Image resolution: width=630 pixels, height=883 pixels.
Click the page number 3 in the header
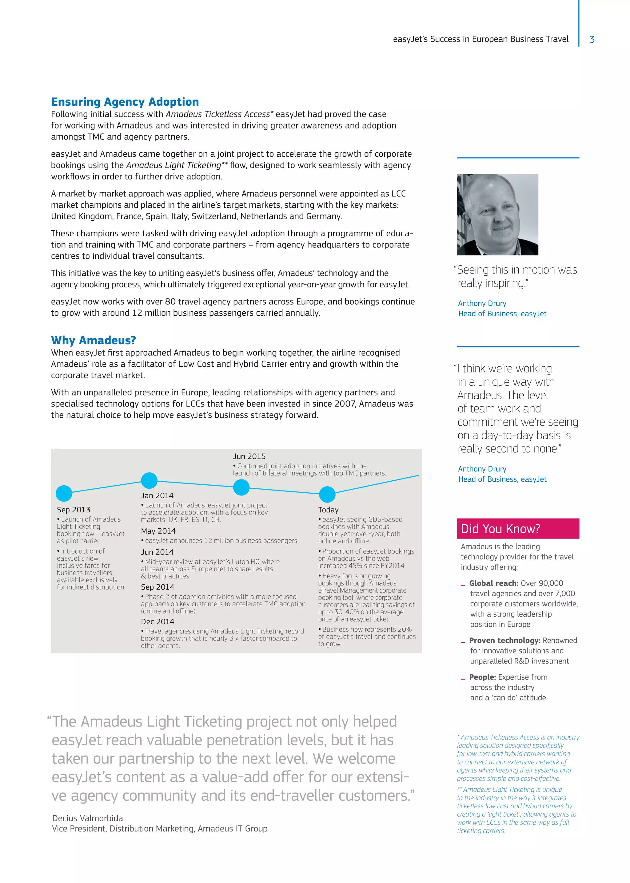[x=592, y=39]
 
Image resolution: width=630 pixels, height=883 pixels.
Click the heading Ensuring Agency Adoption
[x=125, y=102]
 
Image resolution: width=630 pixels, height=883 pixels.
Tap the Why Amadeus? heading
[x=94, y=340]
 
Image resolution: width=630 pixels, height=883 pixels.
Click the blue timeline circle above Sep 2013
[x=64, y=494]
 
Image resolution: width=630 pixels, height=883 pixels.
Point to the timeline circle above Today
[x=327, y=494]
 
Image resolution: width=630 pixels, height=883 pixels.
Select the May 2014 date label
[x=158, y=531]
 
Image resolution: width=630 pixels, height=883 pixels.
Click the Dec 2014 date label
[x=157, y=621]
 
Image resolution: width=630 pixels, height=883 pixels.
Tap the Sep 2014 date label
[x=157, y=587]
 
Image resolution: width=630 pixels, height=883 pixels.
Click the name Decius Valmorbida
[x=88, y=818]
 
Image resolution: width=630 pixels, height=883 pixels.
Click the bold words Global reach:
[x=493, y=583]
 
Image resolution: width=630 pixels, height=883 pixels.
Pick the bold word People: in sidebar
[x=482, y=677]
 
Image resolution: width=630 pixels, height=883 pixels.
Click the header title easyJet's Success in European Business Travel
[x=480, y=39]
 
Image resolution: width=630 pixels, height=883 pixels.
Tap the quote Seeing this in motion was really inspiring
[x=516, y=276]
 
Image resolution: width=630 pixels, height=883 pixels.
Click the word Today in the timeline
[x=328, y=510]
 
